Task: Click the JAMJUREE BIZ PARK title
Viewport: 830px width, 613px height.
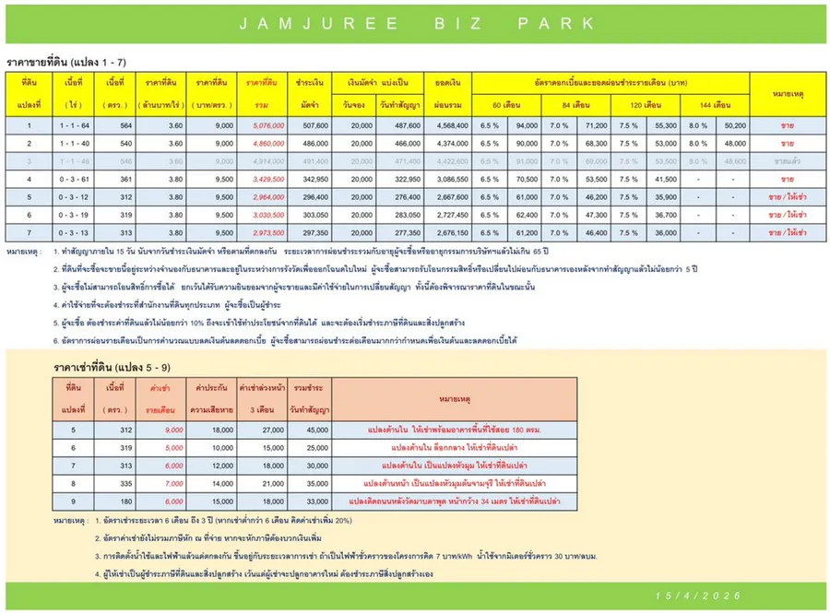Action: [415, 21]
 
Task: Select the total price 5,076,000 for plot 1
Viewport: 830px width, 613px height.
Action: [266, 125]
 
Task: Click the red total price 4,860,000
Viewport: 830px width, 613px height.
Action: [266, 143]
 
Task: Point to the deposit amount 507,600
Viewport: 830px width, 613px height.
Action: [314, 125]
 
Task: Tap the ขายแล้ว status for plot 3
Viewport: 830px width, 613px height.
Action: [787, 160]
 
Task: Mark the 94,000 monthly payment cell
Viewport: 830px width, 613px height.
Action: [527, 125]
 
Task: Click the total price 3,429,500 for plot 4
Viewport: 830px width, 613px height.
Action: [266, 178]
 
